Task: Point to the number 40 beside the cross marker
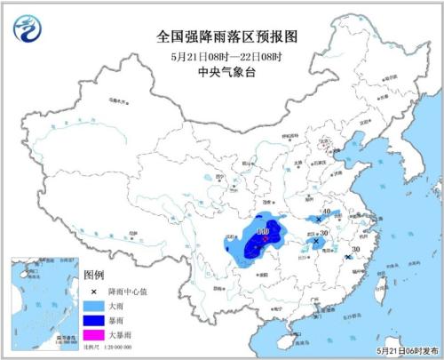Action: pyautogui.click(x=327, y=212)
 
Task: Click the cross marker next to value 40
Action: pyautogui.click(x=318, y=218)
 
